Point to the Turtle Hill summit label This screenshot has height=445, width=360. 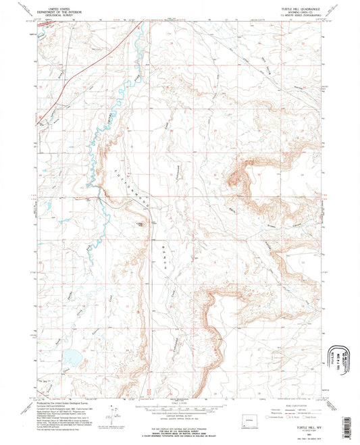140,224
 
